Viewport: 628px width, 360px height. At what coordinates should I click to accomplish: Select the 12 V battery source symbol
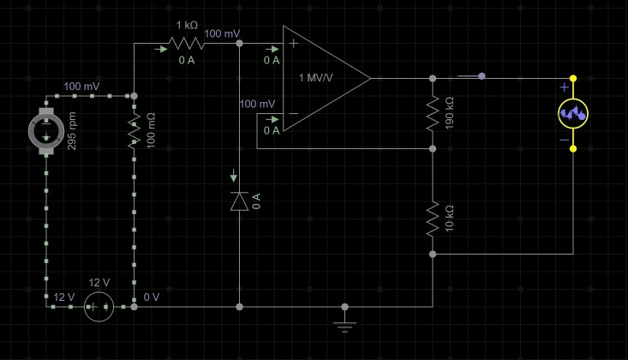100,306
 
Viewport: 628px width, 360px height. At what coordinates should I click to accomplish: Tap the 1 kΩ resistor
186,43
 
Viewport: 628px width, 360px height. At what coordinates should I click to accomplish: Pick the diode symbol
239,201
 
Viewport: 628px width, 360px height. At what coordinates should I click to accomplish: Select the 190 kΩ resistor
433,113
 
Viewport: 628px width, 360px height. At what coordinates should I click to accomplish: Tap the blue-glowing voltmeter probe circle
572,113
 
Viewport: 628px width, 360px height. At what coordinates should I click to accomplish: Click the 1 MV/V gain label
316,78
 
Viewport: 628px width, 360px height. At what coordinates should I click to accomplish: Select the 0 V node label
152,297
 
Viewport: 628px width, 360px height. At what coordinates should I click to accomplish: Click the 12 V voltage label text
64,297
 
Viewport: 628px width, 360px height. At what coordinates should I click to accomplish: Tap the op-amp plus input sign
294,43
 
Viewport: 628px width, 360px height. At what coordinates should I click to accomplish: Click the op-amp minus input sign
294,114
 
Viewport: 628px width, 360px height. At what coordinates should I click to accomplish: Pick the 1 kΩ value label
186,25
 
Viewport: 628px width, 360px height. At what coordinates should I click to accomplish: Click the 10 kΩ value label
451,219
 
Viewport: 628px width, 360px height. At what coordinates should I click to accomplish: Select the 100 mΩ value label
152,134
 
